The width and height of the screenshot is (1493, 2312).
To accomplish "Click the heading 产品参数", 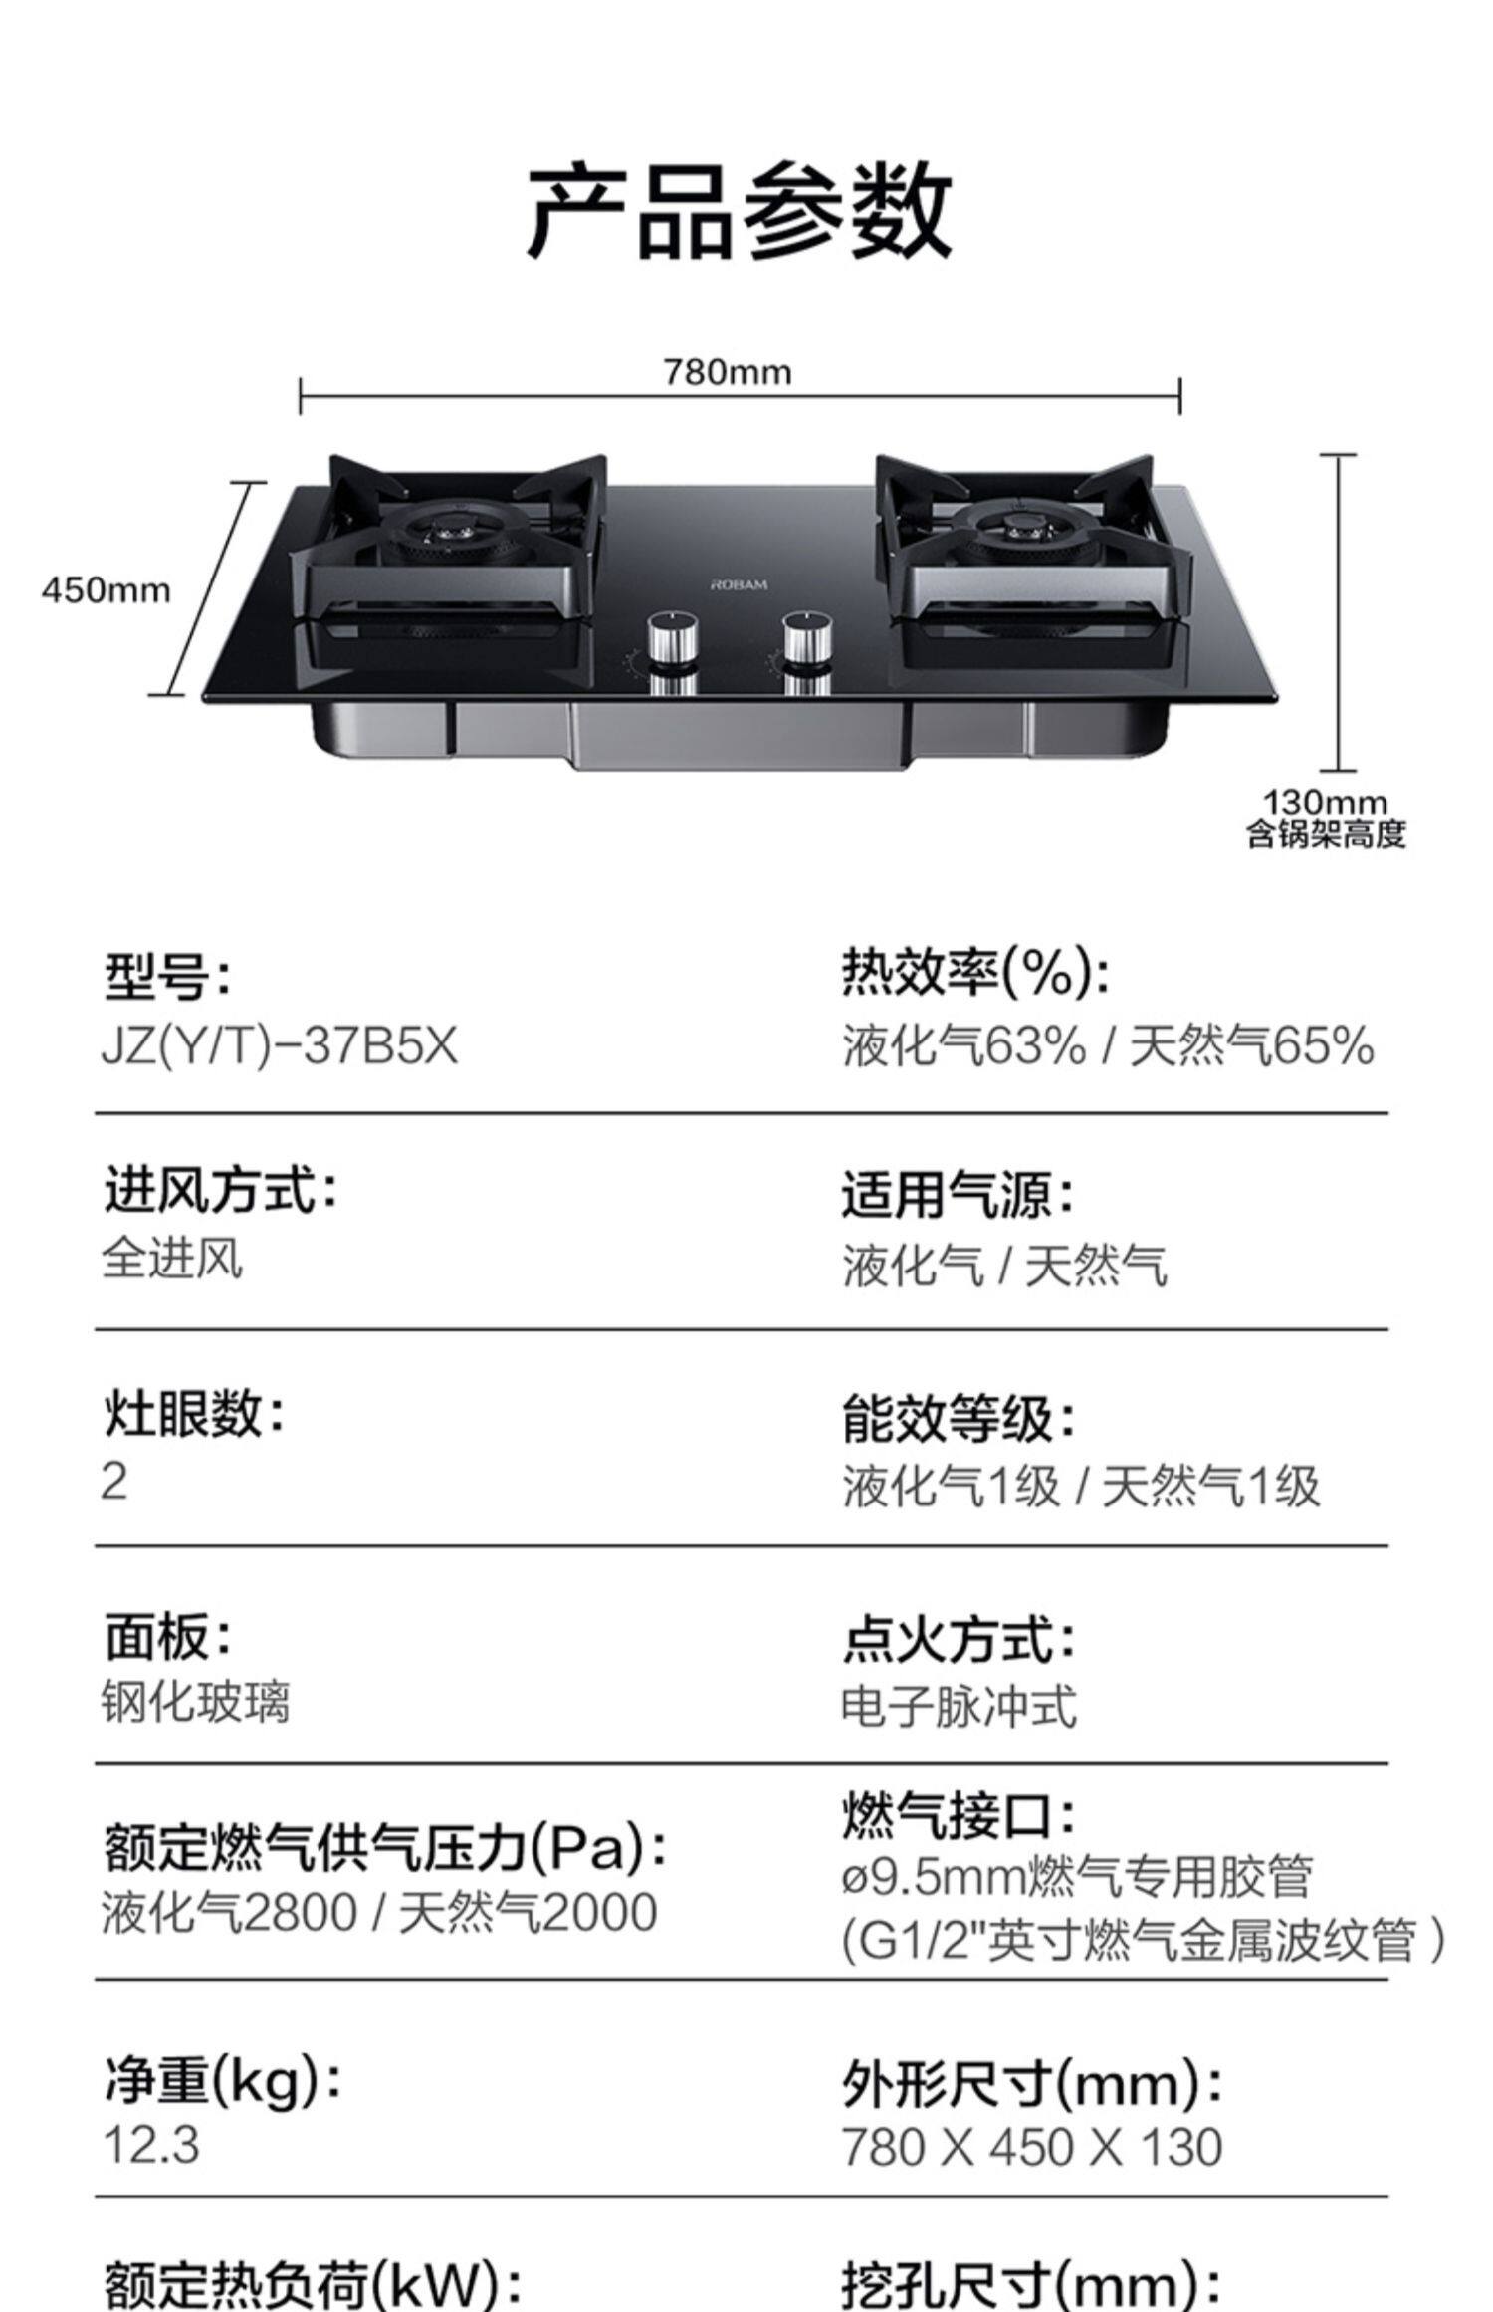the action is coord(739,212).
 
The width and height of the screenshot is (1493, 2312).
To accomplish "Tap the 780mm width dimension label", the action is coord(728,372).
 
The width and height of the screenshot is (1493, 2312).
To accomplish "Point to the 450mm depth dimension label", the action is coord(106,590).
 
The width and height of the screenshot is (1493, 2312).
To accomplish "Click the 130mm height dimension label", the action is coord(1325,802).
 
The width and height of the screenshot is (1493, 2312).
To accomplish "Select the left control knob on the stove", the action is coord(673,638).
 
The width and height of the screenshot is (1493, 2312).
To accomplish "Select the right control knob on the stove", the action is coord(807,637).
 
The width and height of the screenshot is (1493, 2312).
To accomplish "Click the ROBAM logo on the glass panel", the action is coord(739,584).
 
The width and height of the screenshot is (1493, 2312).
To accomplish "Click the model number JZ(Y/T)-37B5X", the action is coord(280,1047).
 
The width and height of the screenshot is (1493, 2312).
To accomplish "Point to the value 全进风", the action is coord(172,1259).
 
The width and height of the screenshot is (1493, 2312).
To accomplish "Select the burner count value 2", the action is coord(114,1481).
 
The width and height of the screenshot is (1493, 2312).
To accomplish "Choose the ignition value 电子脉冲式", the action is coord(959,1706).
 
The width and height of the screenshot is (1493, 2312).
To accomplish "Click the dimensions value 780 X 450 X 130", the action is coord(1031,2147).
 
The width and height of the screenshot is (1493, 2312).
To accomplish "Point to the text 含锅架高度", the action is coord(1326,833).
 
